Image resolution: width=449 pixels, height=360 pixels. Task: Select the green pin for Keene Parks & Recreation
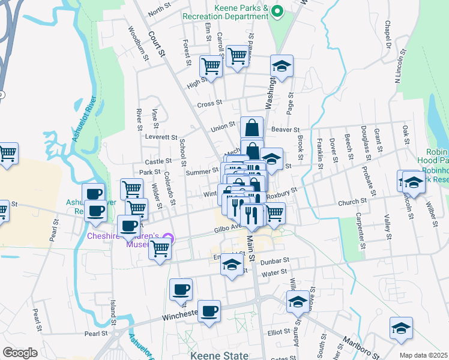coord(277,11)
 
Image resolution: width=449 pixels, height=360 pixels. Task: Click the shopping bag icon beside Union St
coord(252,127)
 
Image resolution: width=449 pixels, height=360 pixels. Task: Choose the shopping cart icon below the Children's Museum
coord(160,248)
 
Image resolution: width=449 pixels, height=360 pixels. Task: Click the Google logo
coord(20,353)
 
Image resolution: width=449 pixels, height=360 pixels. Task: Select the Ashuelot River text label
coord(84,122)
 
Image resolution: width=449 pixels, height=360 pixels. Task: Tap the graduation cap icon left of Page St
coord(281,67)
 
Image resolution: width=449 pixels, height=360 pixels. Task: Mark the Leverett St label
coord(161,137)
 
